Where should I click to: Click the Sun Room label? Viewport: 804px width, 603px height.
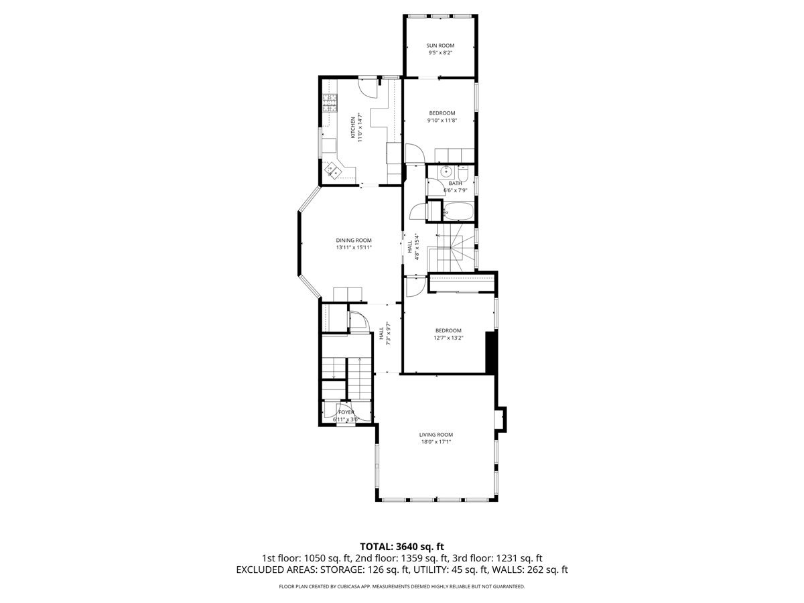(x=440, y=46)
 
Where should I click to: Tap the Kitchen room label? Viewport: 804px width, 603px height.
(x=352, y=127)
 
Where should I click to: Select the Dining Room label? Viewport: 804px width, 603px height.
(x=354, y=241)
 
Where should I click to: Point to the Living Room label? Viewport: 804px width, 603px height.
(x=436, y=435)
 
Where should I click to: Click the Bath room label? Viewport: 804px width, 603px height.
(x=456, y=183)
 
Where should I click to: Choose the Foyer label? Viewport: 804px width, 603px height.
(x=346, y=412)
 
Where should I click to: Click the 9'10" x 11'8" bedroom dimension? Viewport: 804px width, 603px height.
(x=442, y=120)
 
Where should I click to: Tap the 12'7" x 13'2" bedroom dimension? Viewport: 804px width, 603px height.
(x=448, y=338)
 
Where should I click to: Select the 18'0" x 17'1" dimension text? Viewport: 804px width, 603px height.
(x=436, y=442)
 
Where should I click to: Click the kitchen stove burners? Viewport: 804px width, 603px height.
(x=73, y=103)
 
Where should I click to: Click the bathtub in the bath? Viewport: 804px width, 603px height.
(x=458, y=211)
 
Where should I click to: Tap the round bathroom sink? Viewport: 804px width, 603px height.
(x=446, y=171)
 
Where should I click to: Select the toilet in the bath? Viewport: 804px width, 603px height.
(x=463, y=174)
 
